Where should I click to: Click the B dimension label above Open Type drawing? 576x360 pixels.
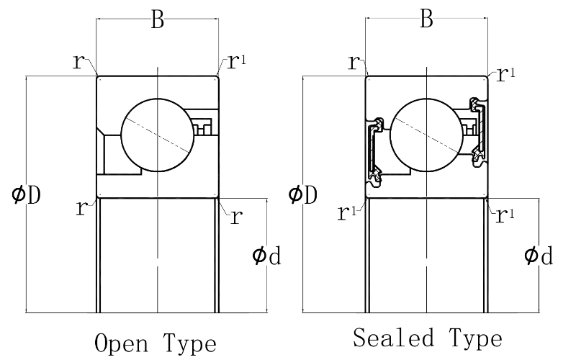(158, 20)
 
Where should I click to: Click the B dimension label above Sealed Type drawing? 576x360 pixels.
(426, 20)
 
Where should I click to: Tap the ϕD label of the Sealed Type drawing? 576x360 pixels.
(302, 194)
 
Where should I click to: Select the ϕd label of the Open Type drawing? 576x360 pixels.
(266, 255)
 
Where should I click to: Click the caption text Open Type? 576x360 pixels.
(156, 341)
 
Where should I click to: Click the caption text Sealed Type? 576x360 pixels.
(428, 337)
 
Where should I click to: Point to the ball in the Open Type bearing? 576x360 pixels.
(158, 135)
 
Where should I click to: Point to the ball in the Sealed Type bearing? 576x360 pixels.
(426, 135)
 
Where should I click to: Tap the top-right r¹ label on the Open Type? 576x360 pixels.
(237, 62)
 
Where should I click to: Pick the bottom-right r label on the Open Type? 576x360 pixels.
(235, 218)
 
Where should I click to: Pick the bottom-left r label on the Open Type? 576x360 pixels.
(81, 209)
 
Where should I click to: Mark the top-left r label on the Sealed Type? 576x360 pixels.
(353, 62)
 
